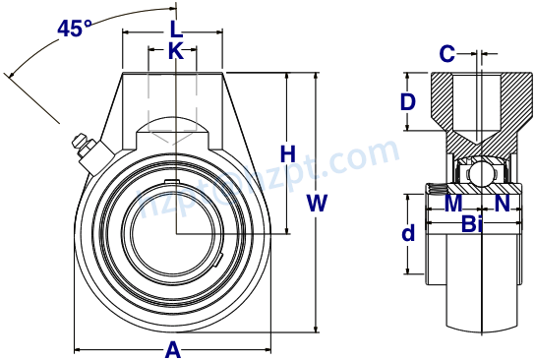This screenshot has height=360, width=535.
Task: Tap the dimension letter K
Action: click(175, 50)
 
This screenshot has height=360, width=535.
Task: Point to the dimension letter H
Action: click(287, 154)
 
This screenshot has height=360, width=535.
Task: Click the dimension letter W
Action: click(317, 204)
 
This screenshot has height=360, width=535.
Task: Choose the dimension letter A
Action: click(173, 348)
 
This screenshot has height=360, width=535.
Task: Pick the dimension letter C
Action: click(446, 53)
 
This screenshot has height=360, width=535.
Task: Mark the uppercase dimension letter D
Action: click(408, 101)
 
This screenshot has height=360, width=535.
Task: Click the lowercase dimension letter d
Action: click(408, 234)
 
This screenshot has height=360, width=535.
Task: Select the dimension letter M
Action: click(453, 204)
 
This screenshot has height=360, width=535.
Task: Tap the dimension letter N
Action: click(502, 204)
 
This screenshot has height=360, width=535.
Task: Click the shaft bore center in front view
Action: click(176, 232)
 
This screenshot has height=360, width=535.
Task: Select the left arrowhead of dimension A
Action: click(79, 348)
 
